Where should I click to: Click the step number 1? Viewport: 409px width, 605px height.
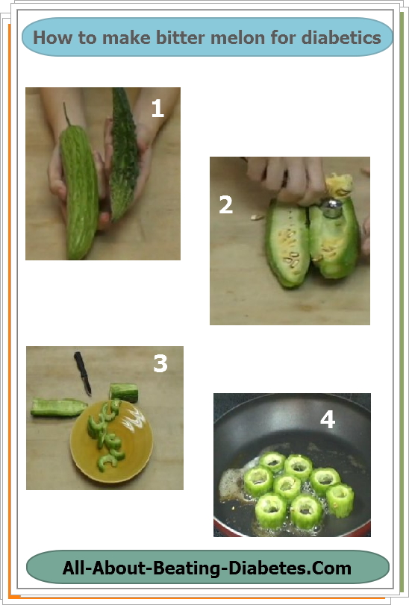tap(157, 109)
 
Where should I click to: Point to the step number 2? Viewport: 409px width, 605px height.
tap(225, 204)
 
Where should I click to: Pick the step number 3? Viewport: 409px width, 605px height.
tap(160, 363)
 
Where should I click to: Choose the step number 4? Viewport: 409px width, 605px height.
tap(327, 419)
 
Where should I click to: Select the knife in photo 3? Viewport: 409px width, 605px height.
tap(83, 373)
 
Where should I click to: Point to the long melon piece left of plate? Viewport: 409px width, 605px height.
tap(59, 407)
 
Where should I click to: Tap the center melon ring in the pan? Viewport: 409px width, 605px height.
tap(287, 486)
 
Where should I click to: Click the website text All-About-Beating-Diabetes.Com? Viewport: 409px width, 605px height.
tap(207, 568)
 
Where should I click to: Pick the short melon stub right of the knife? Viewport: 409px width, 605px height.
tap(124, 392)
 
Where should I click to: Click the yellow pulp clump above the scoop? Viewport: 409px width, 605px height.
tap(340, 184)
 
